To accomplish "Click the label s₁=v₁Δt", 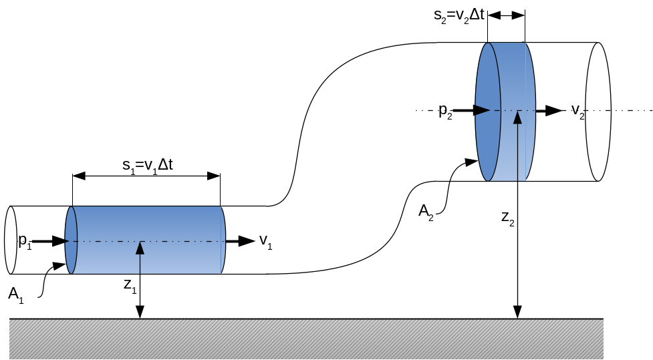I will pyautogui.click(x=148, y=164).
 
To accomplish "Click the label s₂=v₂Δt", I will pyautogui.click(x=458, y=15).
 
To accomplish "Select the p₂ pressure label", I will pyautogui.click(x=446, y=111).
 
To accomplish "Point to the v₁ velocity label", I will pyautogui.click(x=265, y=241).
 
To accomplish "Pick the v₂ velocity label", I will pyautogui.click(x=578, y=111).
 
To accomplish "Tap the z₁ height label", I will pyautogui.click(x=130, y=285).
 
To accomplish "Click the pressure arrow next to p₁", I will pyautogui.click(x=50, y=241).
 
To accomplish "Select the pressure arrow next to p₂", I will pyautogui.click(x=472, y=110).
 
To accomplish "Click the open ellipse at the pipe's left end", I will pyautogui.click(x=10, y=240).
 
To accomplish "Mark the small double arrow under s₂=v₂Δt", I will pyautogui.click(x=507, y=15).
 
